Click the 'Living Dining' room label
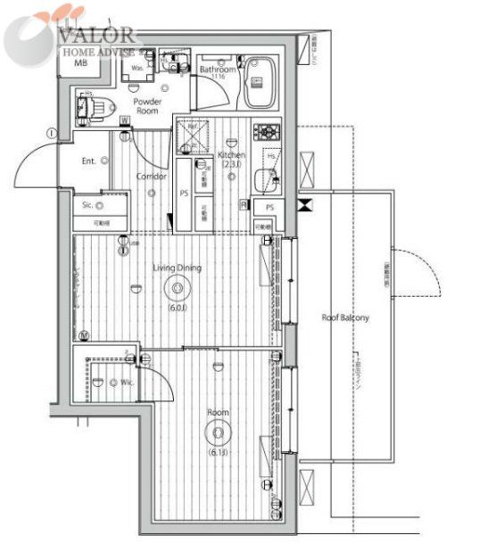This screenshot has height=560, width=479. pos(177,267)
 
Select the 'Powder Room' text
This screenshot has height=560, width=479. pos(146,107)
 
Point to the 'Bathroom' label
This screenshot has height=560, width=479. pos(218,70)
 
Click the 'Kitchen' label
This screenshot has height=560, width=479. pos(231,156)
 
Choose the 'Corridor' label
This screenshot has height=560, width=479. pos(152,176)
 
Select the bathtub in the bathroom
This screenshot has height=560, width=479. pos(262,82)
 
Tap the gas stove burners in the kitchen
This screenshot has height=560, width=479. pos(266,132)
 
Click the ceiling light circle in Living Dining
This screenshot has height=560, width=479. pos(177,288)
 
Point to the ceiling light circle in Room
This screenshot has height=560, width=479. pos(217,434)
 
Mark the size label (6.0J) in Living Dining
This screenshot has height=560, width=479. pos(177,309)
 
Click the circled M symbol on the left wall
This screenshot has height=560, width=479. pos(83,335)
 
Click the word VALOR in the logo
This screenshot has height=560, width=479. pos(97,35)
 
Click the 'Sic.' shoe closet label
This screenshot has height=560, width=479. pos(87,204)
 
